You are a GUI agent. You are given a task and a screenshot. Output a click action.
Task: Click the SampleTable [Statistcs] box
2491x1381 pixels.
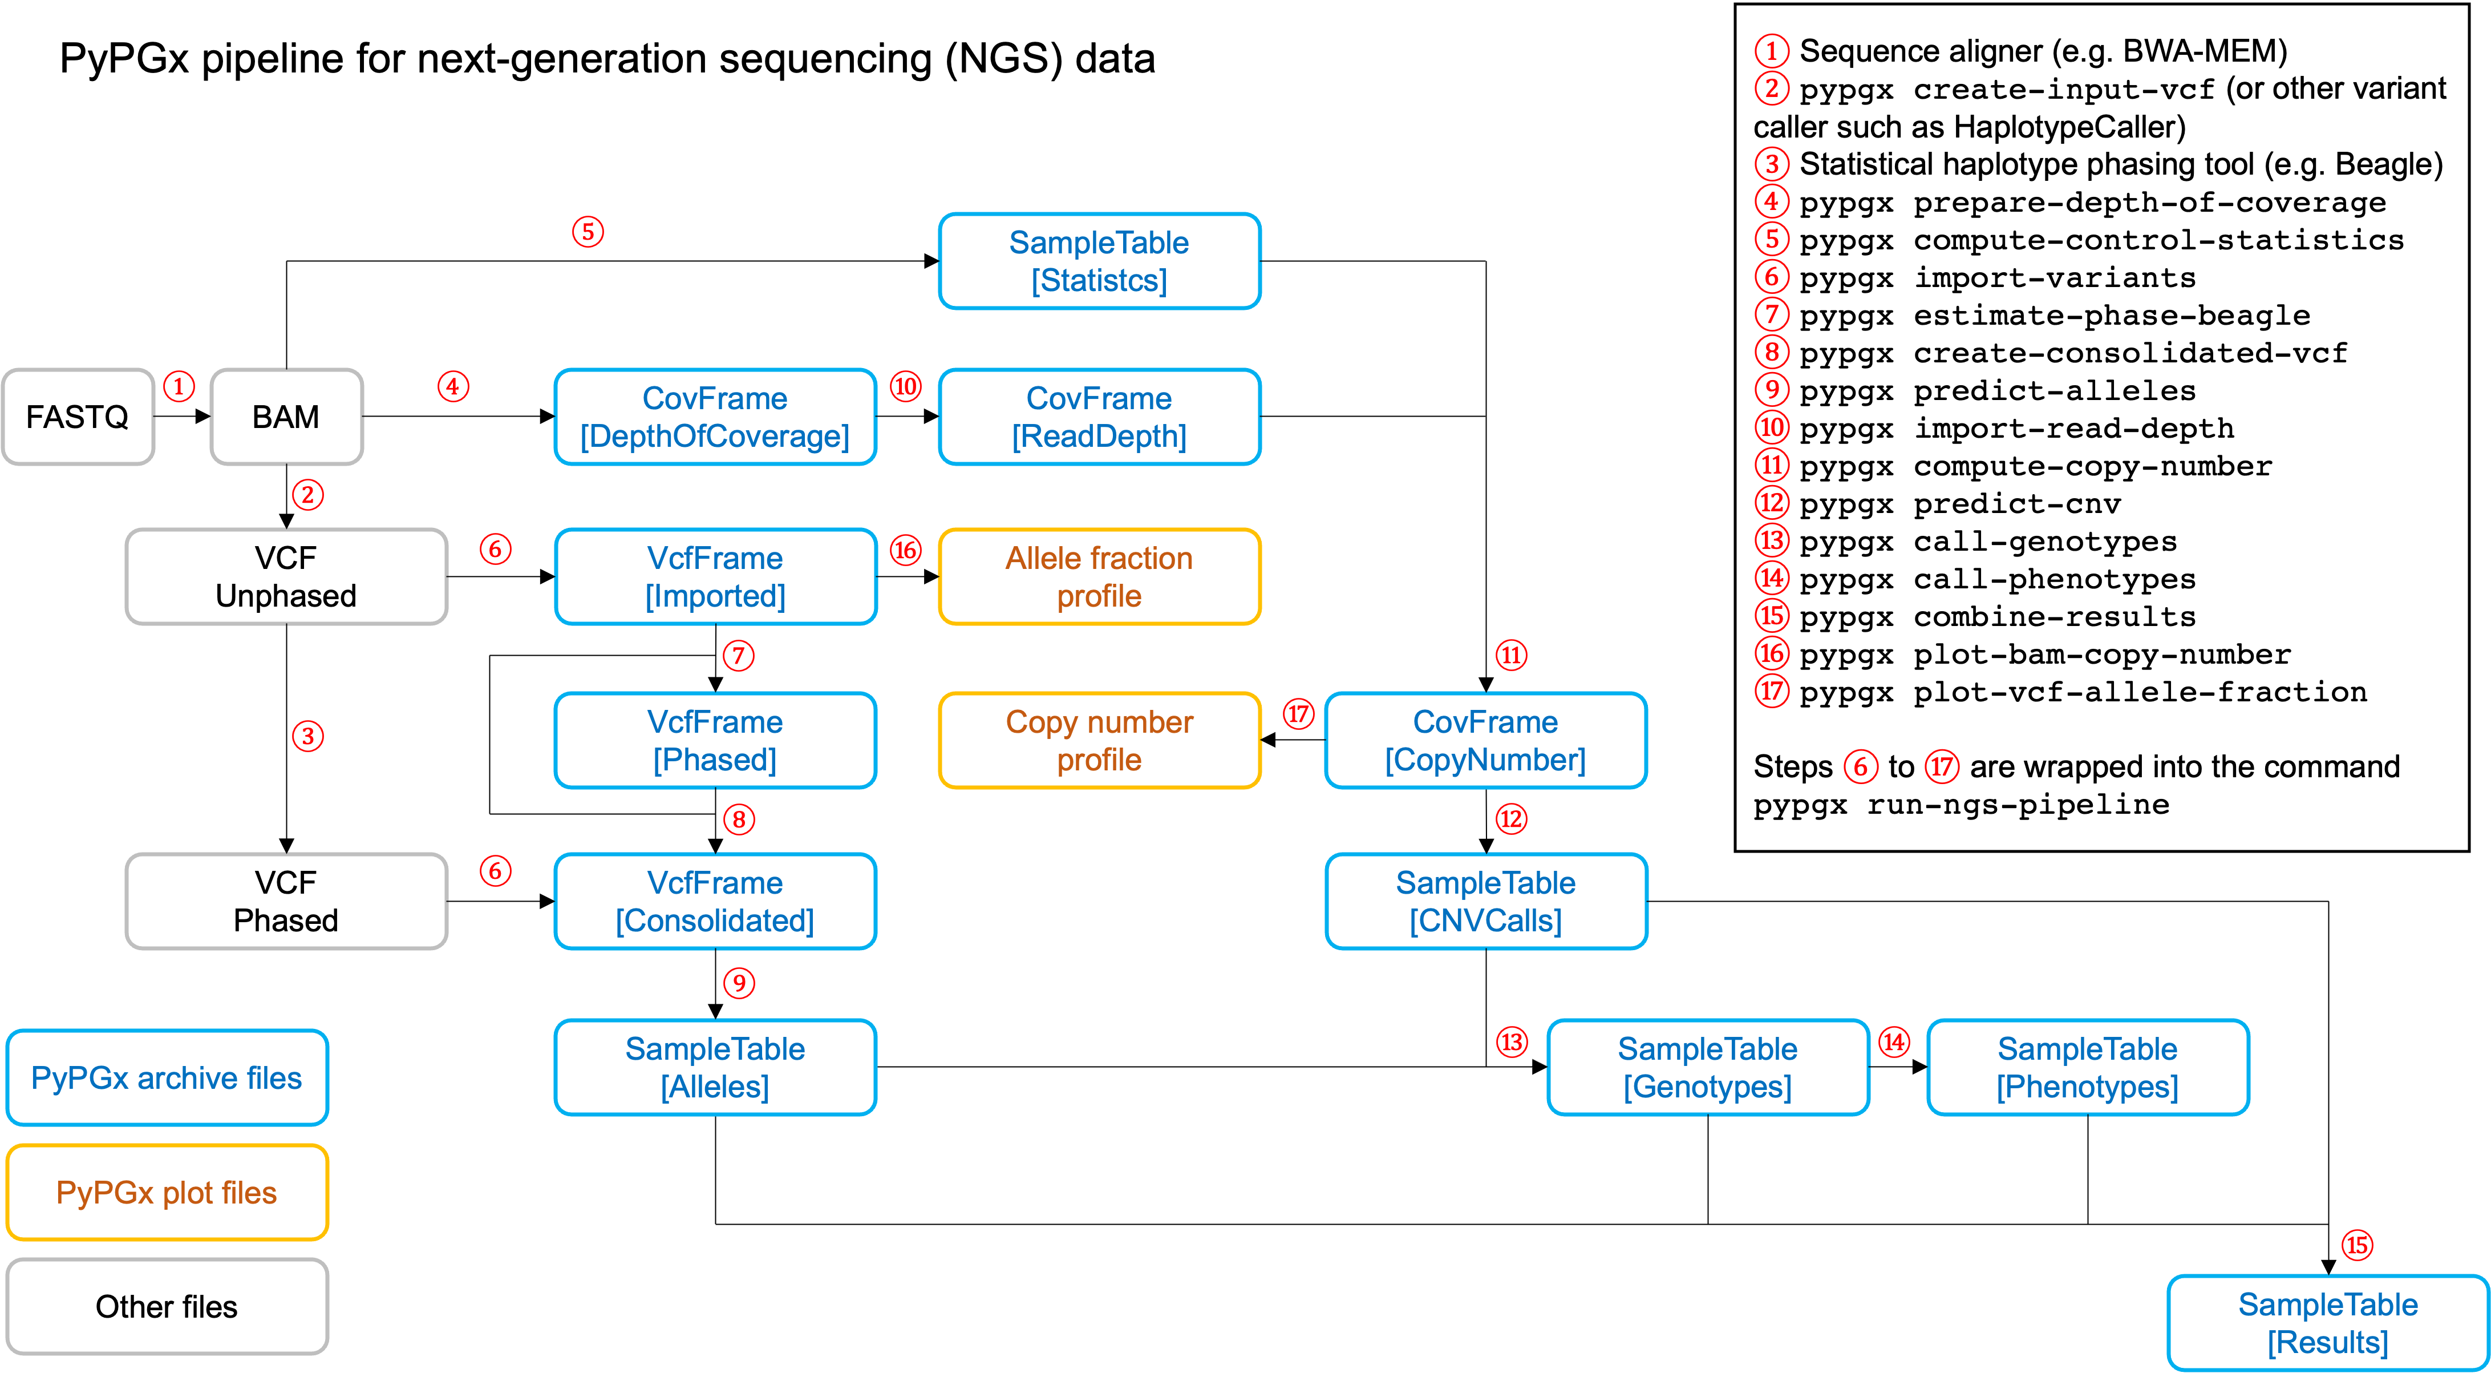(x=1100, y=261)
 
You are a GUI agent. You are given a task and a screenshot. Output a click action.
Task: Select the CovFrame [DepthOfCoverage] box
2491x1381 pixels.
(x=715, y=417)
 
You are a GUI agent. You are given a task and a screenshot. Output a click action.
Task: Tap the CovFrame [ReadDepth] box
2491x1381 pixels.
(x=1100, y=417)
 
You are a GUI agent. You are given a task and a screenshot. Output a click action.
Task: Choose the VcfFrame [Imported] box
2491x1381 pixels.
(x=715, y=576)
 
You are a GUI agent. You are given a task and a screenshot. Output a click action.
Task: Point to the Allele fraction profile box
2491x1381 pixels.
(x=1100, y=576)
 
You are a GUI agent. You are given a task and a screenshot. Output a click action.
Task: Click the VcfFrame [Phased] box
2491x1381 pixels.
(x=715, y=741)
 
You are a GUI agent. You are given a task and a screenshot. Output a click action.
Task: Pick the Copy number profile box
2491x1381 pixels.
(x=1100, y=741)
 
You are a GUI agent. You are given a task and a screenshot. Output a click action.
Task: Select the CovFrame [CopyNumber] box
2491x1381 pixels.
(x=1485, y=741)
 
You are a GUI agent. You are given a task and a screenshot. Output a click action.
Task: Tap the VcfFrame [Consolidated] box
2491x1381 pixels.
(x=715, y=901)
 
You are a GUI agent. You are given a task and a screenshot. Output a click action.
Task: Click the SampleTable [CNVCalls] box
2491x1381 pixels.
(x=1485, y=901)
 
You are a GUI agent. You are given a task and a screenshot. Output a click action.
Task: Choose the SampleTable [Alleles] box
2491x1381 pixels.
(x=715, y=1068)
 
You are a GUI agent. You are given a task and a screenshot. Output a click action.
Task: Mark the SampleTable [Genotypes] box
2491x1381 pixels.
(x=1708, y=1068)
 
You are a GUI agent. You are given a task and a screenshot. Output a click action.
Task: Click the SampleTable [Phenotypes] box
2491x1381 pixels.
(x=2088, y=1068)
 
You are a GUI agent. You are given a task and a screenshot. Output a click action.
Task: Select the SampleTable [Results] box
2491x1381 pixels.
(x=2328, y=1323)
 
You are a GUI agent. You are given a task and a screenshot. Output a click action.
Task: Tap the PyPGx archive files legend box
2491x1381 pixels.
(x=167, y=1077)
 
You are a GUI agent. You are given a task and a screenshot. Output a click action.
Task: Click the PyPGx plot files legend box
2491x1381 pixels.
(x=167, y=1193)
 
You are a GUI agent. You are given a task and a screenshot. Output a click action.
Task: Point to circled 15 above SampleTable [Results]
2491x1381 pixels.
(x=2356, y=1245)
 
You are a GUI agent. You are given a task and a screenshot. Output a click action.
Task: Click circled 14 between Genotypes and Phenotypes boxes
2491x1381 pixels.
(x=1893, y=1043)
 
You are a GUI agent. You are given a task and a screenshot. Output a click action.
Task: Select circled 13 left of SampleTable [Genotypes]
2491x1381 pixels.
(x=1512, y=1043)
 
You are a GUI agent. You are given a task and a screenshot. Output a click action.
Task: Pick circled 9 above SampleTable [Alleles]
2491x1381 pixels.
(x=739, y=983)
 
